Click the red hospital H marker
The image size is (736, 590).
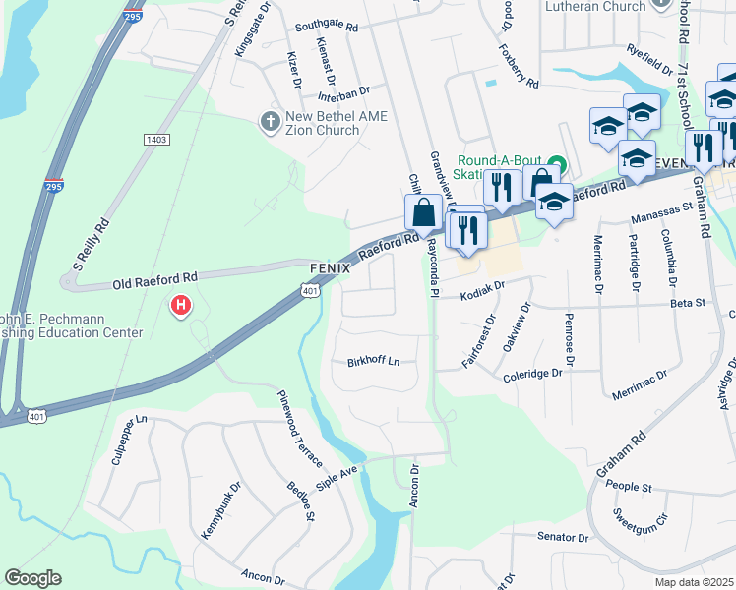[x=181, y=306]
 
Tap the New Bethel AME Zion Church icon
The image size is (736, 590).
[x=269, y=122]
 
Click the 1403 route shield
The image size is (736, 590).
[x=156, y=141]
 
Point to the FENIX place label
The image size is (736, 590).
[x=331, y=267]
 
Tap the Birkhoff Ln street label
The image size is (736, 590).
[x=374, y=361]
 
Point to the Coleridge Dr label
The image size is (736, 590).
[x=532, y=373]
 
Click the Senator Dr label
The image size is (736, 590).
[x=562, y=538]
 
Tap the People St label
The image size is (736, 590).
[x=630, y=487]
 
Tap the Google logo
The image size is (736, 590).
[x=32, y=577]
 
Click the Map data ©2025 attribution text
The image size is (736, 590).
[x=693, y=582]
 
